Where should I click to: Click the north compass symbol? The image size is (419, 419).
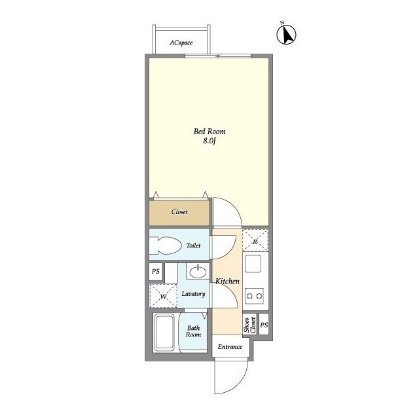click(x=286, y=35)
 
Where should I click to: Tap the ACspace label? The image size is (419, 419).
click(x=181, y=43)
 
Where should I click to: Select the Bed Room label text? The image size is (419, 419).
click(x=209, y=132)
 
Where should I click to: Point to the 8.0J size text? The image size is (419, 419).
click(x=209, y=141)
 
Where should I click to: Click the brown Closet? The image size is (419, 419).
click(x=179, y=213)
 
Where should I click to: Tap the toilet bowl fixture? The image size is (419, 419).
click(x=164, y=246)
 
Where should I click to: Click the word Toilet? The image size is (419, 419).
click(x=193, y=246)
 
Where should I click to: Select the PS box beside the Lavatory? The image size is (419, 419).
click(x=156, y=272)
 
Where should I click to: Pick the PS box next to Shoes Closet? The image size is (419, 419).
click(x=264, y=325)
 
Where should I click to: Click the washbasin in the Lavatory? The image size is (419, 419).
click(x=198, y=272)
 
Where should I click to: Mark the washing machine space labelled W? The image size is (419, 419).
click(x=163, y=296)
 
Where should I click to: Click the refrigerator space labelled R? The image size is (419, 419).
click(x=255, y=241)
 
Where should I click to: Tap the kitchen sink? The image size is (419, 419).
click(x=253, y=263)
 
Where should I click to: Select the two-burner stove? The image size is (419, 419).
click(x=255, y=296)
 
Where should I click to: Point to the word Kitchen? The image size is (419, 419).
click(x=227, y=281)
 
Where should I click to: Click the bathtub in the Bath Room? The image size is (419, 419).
click(x=164, y=332)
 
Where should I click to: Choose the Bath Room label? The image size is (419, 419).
click(x=194, y=331)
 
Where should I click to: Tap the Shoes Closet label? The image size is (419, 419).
click(x=249, y=325)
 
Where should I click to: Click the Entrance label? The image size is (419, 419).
click(x=230, y=347)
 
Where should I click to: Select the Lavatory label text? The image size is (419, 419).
click(x=193, y=294)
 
